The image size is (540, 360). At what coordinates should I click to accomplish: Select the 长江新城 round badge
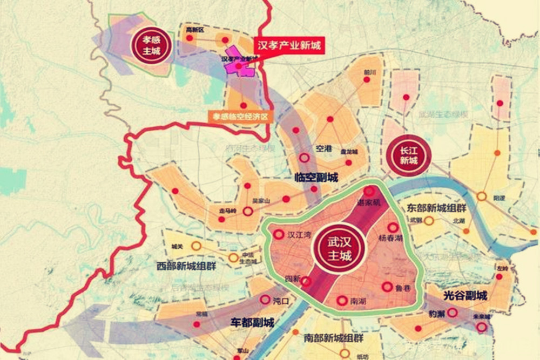click(x=409, y=154)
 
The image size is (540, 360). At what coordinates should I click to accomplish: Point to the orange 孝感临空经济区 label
click(x=241, y=116)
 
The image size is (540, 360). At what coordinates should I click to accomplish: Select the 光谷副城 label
click(x=465, y=296)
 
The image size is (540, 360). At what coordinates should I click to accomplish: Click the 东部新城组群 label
click(x=437, y=208)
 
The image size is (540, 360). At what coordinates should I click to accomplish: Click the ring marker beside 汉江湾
click(x=279, y=235)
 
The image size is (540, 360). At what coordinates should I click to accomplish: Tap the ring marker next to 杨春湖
click(x=393, y=228)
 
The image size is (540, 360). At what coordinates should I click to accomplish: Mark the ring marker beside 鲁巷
click(x=387, y=287)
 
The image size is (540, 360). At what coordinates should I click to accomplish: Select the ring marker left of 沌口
click(x=265, y=300)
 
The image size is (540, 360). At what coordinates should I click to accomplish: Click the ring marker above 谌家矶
click(x=369, y=191)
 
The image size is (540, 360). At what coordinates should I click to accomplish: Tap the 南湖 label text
click(x=359, y=300)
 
